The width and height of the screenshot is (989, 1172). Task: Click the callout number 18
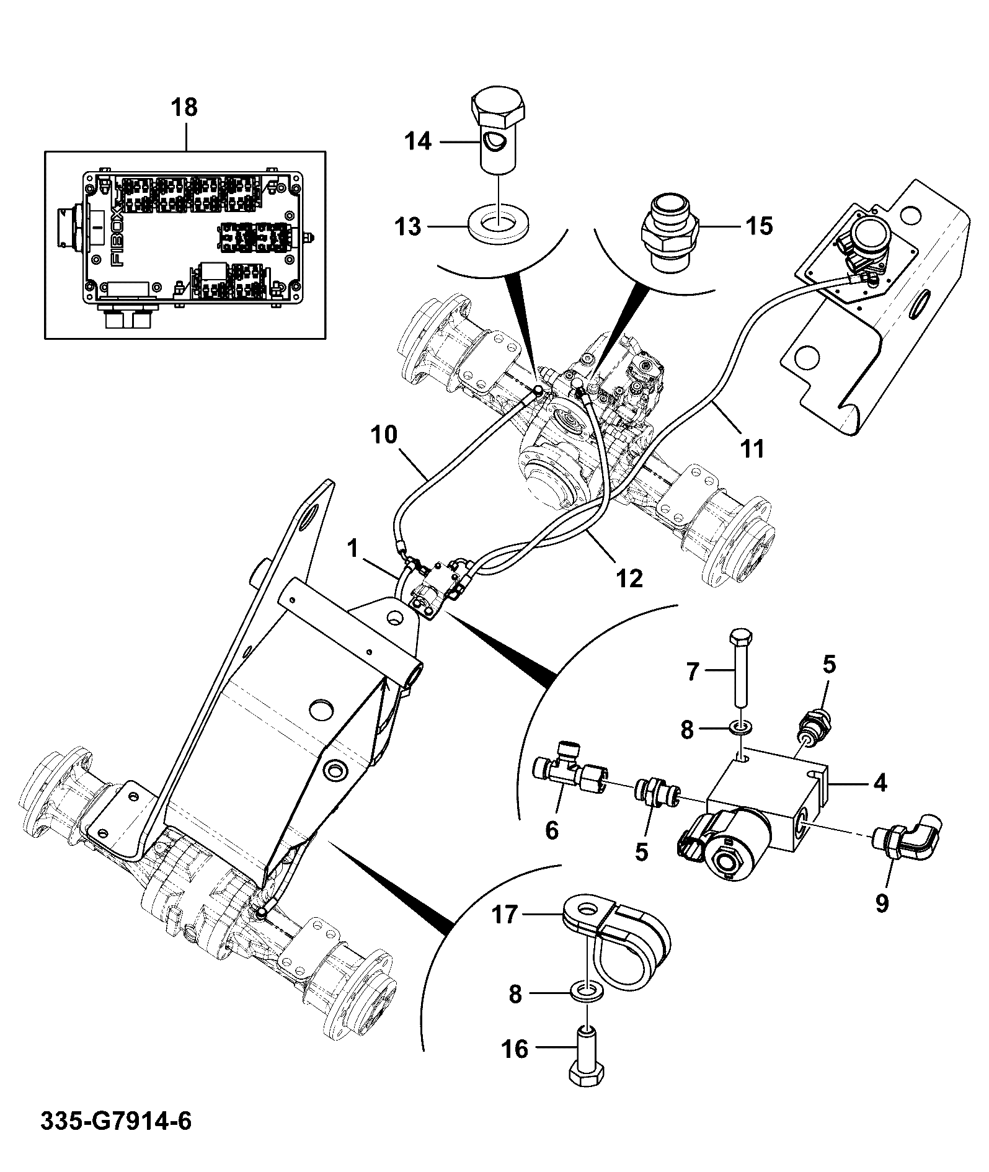pyautogui.click(x=185, y=107)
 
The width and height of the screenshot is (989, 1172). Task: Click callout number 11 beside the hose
pyautogui.click(x=753, y=448)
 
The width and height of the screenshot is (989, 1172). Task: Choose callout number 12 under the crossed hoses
pyautogui.click(x=629, y=578)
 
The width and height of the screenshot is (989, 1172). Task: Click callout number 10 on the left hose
pyautogui.click(x=384, y=435)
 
